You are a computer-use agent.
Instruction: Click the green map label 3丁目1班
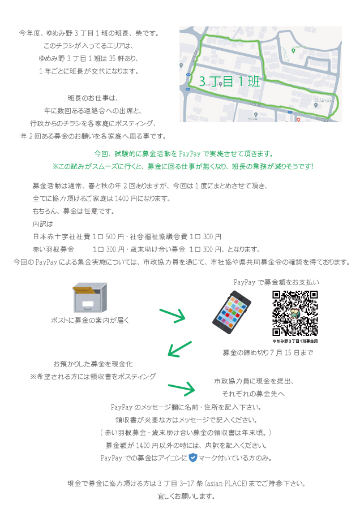coord(229,81)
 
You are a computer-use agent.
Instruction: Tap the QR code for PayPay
coord(295,313)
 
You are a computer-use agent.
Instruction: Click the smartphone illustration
coord(232,312)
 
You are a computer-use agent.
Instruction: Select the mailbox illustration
coord(89,297)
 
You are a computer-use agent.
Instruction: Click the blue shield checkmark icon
coord(193,458)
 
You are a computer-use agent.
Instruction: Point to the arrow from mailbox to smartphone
coord(173,316)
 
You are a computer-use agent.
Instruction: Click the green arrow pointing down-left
coord(179,350)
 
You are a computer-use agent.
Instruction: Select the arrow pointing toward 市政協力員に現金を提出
coord(182,389)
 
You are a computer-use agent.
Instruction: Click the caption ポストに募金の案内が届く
coord(91,321)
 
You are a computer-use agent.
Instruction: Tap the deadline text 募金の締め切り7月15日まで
coord(268,352)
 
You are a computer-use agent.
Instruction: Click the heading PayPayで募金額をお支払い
coord(276,282)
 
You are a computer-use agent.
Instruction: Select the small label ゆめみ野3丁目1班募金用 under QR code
coord(295,341)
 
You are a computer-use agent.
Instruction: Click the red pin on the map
coord(298,120)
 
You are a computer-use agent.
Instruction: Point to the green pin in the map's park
coord(293,51)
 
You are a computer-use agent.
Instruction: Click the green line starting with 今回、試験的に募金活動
coord(184,153)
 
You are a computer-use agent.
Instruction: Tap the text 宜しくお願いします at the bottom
coord(186,497)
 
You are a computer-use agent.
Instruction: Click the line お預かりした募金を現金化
coord(93,364)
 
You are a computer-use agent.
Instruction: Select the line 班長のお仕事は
coord(93,98)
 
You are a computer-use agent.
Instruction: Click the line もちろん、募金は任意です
coord(74,212)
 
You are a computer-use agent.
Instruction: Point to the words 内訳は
coord(42,224)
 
